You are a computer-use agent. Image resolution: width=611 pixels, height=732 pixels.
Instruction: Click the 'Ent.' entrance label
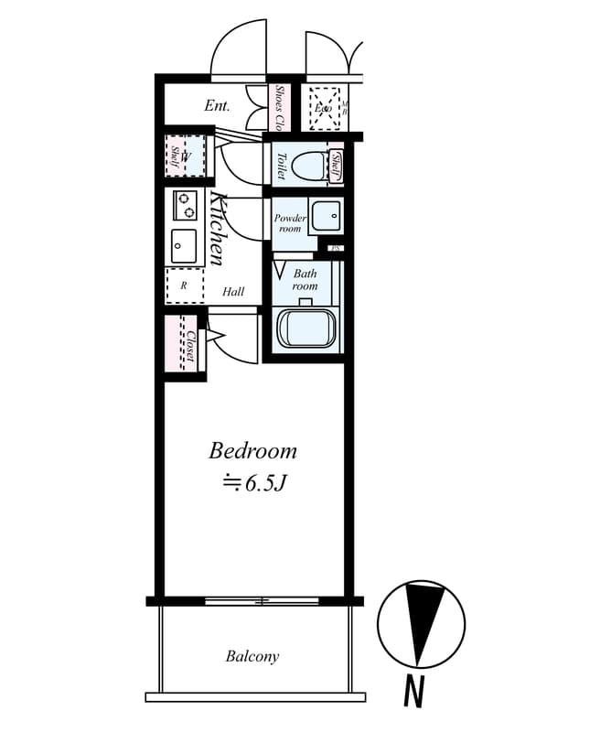click(217, 106)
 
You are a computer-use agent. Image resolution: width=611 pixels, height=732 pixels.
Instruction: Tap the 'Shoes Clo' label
click(280, 108)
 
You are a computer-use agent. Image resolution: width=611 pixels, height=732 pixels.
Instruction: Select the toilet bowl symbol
click(310, 166)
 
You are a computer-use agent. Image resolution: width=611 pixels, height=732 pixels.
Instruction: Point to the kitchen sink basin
click(184, 244)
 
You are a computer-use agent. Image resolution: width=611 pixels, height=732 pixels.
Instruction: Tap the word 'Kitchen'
click(218, 229)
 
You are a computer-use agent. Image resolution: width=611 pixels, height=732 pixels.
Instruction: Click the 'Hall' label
click(233, 292)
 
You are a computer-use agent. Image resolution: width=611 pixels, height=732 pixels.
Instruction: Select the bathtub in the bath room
click(307, 329)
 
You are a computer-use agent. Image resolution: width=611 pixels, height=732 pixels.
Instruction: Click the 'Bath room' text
click(305, 280)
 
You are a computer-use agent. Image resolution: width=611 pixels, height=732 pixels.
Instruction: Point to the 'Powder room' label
click(290, 223)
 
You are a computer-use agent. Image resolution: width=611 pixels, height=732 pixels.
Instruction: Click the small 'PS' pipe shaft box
click(336, 248)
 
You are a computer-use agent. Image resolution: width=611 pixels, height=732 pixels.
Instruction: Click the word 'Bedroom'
click(253, 450)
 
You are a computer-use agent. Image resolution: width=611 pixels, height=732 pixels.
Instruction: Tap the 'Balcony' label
click(252, 656)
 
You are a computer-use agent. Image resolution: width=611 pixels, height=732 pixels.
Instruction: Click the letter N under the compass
click(413, 693)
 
